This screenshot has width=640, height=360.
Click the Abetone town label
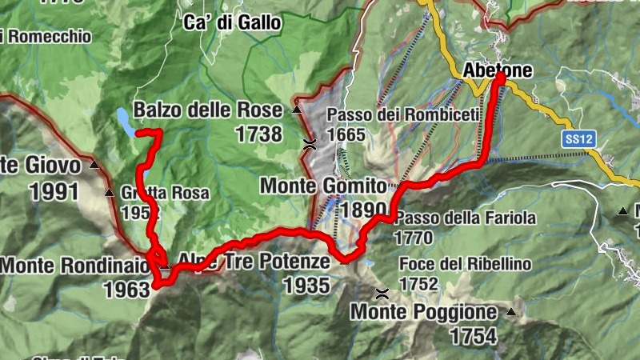tap(498, 71)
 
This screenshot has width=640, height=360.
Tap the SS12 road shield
tap(579, 139)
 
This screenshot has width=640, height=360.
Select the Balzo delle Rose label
tap(208, 110)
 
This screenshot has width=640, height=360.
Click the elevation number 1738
tap(258, 134)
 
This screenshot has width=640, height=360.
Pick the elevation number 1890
tap(365, 210)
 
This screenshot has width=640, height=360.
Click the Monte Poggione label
tap(423, 311)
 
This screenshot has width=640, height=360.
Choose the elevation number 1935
tap(306, 285)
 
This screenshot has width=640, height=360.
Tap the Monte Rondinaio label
tap(74, 264)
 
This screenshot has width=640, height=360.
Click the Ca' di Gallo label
tap(232, 22)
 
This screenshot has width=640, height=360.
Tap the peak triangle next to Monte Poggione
tap(510, 311)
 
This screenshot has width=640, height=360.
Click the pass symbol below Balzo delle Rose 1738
tap(310, 144)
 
